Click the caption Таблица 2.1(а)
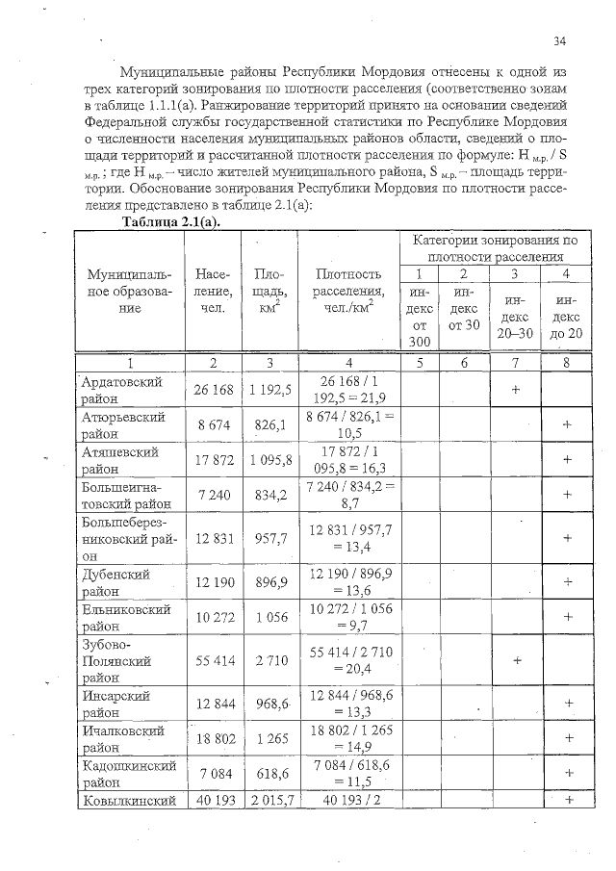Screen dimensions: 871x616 point(169,221)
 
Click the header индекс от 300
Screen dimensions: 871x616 point(419,314)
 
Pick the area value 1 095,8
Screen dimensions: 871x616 point(270,460)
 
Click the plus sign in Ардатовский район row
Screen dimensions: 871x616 point(517,391)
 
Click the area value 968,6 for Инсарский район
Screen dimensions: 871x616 point(270,704)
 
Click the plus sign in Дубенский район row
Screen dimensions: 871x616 point(568,581)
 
